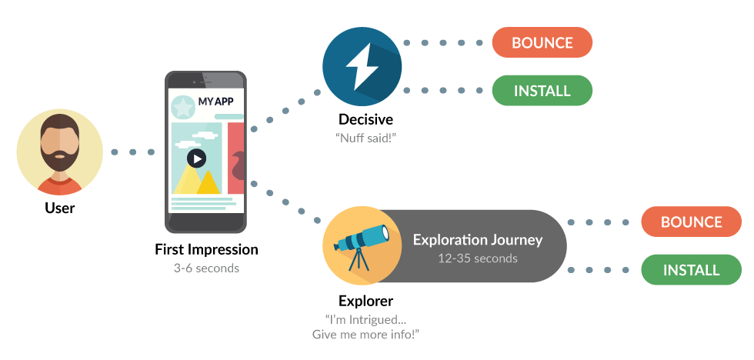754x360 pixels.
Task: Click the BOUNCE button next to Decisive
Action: click(x=542, y=42)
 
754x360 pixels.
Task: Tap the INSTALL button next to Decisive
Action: click(x=542, y=91)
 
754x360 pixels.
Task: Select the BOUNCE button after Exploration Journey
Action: click(x=691, y=222)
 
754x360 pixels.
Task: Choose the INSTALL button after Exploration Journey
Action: click(x=691, y=270)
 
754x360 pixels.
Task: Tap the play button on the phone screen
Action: click(x=197, y=158)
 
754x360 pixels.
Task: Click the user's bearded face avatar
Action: click(x=59, y=151)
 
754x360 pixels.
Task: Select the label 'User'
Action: click(x=59, y=207)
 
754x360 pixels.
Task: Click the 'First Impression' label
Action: click(x=206, y=250)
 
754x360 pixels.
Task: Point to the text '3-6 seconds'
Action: click(x=206, y=268)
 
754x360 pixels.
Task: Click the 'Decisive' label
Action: click(x=365, y=119)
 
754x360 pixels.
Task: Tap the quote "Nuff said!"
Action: click(x=365, y=138)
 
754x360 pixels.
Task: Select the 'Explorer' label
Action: click(x=365, y=300)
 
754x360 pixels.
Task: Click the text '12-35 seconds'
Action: click(x=477, y=258)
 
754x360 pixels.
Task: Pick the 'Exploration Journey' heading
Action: click(x=477, y=239)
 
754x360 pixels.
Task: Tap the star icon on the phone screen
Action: click(x=183, y=106)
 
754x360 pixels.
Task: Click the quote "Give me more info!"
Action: click(x=365, y=335)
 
